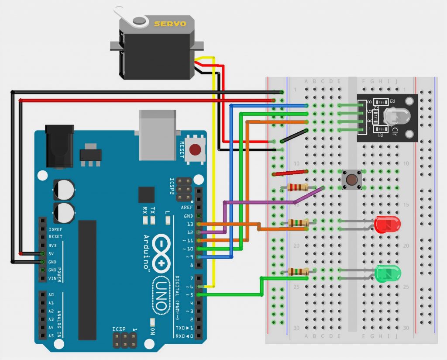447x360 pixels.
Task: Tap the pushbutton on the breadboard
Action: tap(351, 180)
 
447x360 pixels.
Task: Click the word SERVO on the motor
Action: tap(170, 24)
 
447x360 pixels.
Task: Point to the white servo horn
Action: tap(131, 17)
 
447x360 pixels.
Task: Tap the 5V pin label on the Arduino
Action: tap(52, 253)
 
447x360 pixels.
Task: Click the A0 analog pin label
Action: tap(52, 295)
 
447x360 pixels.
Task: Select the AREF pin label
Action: tap(187, 208)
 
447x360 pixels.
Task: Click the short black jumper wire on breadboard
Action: tap(294, 136)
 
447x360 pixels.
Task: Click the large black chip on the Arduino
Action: tap(87, 280)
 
